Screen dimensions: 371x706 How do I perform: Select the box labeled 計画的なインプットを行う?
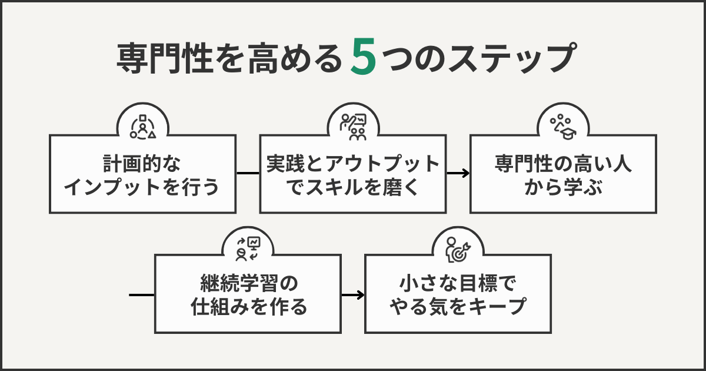[142, 174]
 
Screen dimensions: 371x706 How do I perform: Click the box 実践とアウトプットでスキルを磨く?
[352, 174]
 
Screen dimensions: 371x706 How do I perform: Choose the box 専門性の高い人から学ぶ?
[562, 174]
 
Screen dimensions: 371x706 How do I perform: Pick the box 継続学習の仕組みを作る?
[248, 294]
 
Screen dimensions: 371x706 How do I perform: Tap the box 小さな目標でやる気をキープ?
[458, 294]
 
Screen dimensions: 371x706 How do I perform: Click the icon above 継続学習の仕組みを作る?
[248, 246]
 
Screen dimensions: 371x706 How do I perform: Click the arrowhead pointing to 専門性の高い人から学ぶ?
[465, 173]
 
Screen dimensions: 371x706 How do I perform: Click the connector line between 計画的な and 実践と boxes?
[247, 173]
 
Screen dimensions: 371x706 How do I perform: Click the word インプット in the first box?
[111, 188]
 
